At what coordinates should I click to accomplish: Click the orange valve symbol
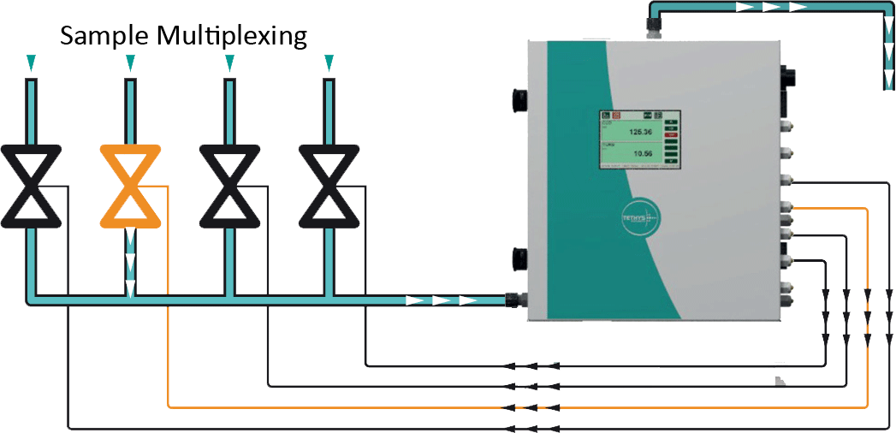pos(130,186)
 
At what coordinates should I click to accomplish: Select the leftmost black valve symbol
pos(31,186)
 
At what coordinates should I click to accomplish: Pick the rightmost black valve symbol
pos(329,186)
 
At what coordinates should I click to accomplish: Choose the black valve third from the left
pos(229,186)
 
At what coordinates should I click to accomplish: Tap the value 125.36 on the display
pos(640,133)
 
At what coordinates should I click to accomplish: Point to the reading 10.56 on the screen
pos(641,154)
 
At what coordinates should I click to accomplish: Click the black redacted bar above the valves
pos(184,37)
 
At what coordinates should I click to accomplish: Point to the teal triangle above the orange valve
pos(130,62)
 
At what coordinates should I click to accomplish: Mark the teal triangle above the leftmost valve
pos(31,62)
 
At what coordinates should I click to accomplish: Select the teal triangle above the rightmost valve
pos(329,62)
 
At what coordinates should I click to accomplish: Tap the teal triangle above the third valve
pos(229,62)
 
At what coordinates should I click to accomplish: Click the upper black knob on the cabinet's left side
pos(519,102)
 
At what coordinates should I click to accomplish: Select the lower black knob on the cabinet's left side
pos(519,258)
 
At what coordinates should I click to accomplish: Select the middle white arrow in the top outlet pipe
pos(770,7)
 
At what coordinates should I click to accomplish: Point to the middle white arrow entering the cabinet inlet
pos(441,300)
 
